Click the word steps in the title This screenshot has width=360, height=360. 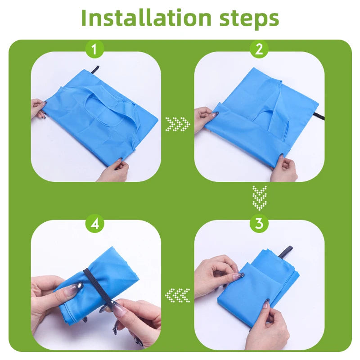249,19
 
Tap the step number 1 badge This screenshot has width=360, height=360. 94,49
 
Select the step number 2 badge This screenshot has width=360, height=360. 259,49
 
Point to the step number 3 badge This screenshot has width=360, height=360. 259,223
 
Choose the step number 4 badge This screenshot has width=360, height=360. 94,223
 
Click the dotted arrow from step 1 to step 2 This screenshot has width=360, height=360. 178,124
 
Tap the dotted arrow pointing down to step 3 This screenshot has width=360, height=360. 260,198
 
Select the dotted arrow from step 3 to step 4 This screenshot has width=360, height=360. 177,295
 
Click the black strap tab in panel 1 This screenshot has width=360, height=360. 95,70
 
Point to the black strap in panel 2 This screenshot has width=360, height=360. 319,116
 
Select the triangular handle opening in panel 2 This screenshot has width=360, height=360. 262,116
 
